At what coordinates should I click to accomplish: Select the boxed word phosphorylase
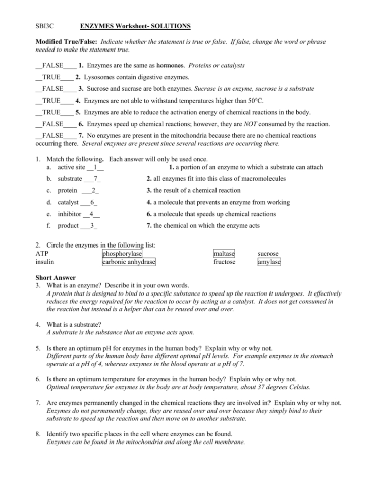coord(122,253)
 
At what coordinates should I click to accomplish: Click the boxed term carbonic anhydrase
coord(129,262)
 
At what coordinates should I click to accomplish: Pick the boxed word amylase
coord(269,262)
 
